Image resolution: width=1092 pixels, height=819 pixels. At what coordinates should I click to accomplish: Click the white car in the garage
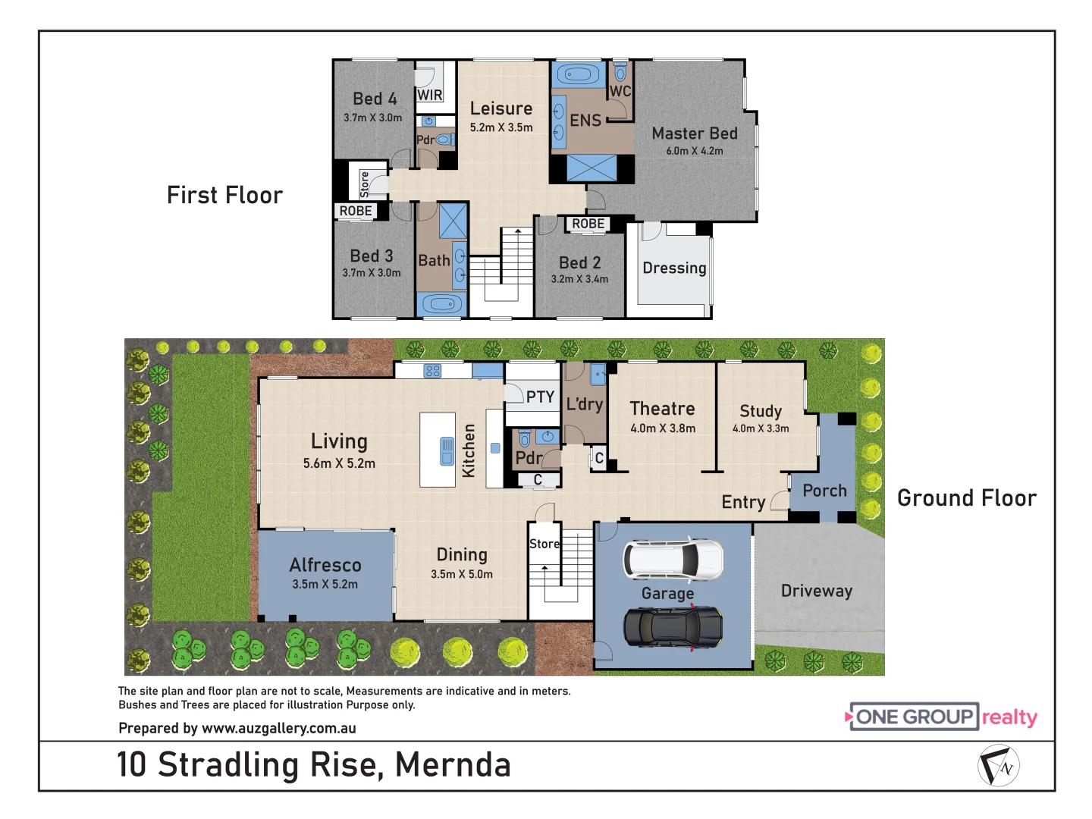[x=673, y=560]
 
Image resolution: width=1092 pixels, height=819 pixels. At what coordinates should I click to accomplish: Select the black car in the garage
[x=673, y=627]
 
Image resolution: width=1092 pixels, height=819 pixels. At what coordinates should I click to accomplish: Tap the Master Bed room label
[x=695, y=133]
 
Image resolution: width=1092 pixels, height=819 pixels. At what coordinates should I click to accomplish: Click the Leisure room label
[x=501, y=109]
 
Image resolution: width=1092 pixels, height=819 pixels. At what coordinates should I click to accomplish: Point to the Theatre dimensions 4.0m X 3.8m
[x=663, y=428]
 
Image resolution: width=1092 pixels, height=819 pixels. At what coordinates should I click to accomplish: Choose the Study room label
[x=761, y=411]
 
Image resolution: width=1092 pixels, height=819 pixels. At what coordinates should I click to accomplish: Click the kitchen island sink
[x=447, y=452]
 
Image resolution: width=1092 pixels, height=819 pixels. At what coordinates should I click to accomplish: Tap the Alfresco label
[x=325, y=565]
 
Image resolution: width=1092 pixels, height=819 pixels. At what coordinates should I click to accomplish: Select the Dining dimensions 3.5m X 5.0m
[x=462, y=574]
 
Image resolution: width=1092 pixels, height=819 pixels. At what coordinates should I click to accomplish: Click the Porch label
[x=824, y=491]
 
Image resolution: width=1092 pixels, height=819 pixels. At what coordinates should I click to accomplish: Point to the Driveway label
[x=817, y=591]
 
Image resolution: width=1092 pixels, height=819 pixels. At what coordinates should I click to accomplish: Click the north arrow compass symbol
[x=998, y=766]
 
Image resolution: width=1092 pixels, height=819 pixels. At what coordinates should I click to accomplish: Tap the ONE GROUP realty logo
[x=941, y=717]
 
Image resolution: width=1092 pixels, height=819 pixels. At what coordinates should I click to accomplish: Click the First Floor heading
[x=224, y=195]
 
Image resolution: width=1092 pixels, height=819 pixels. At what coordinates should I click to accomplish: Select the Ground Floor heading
[x=967, y=498]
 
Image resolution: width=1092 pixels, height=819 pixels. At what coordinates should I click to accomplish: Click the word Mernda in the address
[x=453, y=764]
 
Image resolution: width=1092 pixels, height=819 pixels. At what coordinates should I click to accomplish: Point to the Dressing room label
[x=674, y=268]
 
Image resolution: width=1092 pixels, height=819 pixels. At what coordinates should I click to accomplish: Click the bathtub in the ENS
[x=579, y=75]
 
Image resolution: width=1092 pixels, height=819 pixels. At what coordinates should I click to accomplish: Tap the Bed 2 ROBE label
[x=588, y=224]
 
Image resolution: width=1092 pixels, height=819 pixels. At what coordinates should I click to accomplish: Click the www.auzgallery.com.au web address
[x=278, y=728]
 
